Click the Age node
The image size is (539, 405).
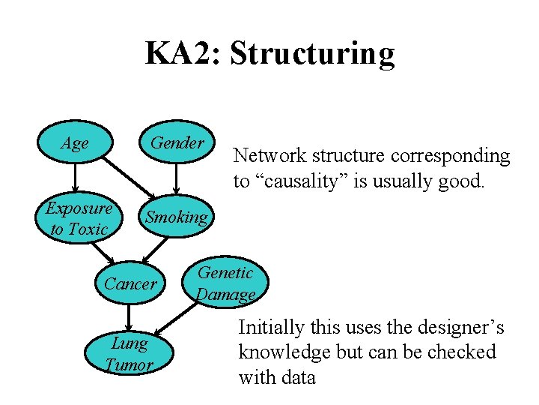(74, 143)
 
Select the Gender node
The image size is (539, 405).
(177, 143)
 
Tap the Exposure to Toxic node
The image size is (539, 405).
(79, 218)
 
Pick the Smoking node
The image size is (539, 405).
(177, 217)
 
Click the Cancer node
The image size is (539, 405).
(130, 283)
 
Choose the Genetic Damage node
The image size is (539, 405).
(225, 283)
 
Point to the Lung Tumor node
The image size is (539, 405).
(130, 354)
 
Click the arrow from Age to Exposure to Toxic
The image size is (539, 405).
(74, 178)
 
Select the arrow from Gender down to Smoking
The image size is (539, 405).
(177, 180)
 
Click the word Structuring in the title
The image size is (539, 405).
(312, 54)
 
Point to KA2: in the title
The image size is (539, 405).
(183, 54)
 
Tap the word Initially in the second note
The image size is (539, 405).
(272, 328)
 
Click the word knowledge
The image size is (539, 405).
(280, 352)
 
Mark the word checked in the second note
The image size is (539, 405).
(463, 352)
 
